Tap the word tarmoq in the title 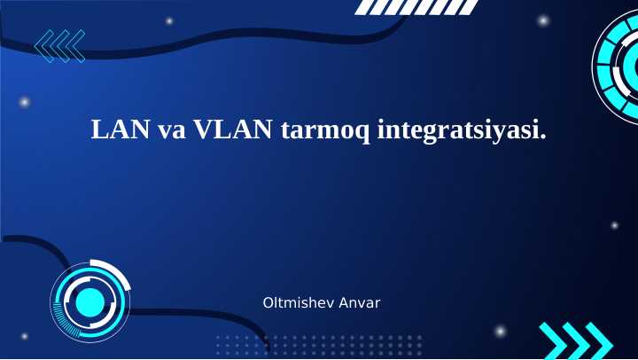click(x=323, y=131)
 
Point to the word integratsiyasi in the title click(x=457, y=131)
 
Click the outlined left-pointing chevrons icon click(x=58, y=45)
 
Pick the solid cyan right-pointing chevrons click(x=576, y=340)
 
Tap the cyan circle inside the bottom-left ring click(x=89, y=302)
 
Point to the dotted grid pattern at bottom click(x=319, y=344)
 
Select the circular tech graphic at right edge click(x=618, y=67)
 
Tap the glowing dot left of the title click(x=26, y=103)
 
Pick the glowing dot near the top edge click(x=169, y=20)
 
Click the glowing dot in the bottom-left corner click(x=24, y=336)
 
